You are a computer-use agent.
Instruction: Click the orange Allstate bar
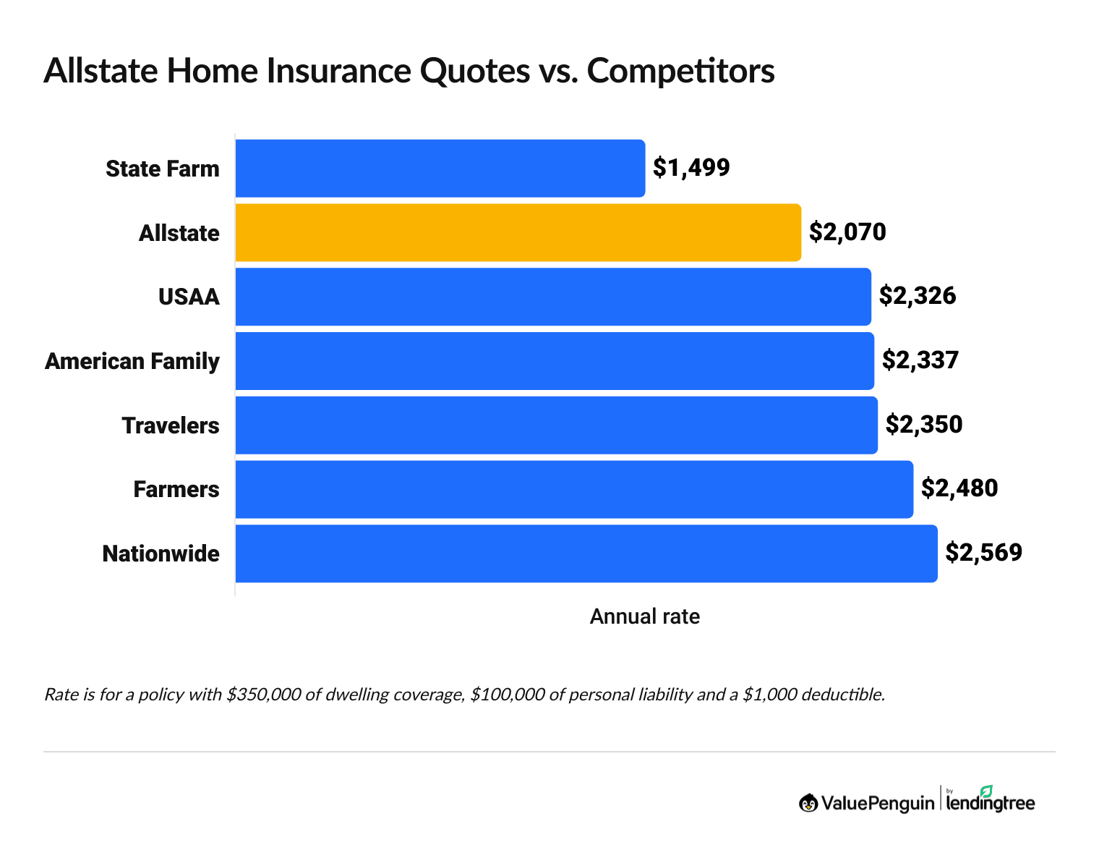tap(518, 232)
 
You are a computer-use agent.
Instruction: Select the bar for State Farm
tap(440, 168)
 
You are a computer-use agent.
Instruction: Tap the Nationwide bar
tap(586, 554)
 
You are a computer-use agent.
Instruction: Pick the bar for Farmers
tap(573, 489)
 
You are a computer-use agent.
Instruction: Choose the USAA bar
tap(552, 297)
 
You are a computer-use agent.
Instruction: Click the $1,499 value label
tap(691, 168)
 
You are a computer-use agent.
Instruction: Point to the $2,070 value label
tap(847, 232)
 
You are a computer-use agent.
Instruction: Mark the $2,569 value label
tap(984, 553)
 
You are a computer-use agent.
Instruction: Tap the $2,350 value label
tap(924, 425)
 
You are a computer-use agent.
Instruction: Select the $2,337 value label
tap(920, 360)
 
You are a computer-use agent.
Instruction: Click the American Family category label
tap(132, 361)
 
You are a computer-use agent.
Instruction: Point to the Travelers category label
tap(171, 425)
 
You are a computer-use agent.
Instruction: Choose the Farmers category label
tap(176, 490)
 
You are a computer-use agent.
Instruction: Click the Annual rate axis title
tap(645, 616)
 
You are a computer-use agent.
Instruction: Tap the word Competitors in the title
tap(680, 71)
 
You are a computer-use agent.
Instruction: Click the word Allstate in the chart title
tap(101, 71)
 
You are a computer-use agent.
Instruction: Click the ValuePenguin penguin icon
tap(808, 803)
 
